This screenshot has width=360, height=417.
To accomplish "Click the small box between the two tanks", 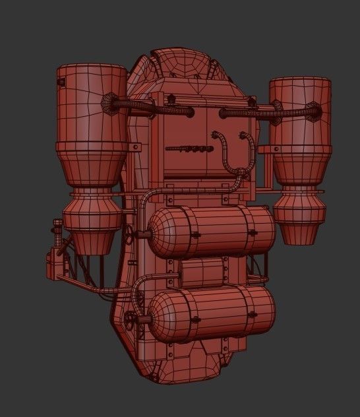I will [x=202, y=271].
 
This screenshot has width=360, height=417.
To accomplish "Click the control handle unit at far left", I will [x=53, y=261].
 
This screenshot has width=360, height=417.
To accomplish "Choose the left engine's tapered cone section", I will [x=92, y=168].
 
